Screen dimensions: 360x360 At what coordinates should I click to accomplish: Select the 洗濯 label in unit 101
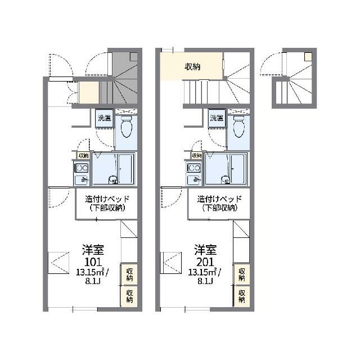[x=105, y=118]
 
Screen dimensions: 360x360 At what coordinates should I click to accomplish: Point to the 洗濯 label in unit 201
[x=217, y=118]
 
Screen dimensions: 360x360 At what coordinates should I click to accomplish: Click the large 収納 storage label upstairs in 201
[x=192, y=67]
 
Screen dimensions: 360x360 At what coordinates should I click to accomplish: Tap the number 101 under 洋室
[x=93, y=262]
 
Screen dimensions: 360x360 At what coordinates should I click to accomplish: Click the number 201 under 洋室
[x=205, y=262]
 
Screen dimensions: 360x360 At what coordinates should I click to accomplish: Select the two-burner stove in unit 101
[x=81, y=168]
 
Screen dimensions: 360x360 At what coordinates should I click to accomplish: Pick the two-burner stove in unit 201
[x=193, y=168]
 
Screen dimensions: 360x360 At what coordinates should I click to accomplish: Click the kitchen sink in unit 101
[x=81, y=180]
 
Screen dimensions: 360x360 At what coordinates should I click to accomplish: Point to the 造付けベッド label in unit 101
[x=107, y=199]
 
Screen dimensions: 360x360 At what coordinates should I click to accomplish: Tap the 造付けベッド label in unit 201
[x=219, y=199]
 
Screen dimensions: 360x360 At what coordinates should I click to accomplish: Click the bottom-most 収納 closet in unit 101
[x=129, y=296]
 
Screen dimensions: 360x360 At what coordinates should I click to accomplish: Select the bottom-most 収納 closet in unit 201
[x=241, y=296]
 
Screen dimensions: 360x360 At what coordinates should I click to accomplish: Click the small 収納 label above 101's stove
[x=84, y=155]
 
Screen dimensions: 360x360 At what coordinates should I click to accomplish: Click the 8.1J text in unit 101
[x=93, y=281]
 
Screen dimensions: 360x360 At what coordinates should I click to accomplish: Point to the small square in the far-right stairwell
[x=308, y=57]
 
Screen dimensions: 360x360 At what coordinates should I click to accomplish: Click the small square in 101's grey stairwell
[x=134, y=57]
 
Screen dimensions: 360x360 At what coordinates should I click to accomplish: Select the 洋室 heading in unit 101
[x=93, y=250]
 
